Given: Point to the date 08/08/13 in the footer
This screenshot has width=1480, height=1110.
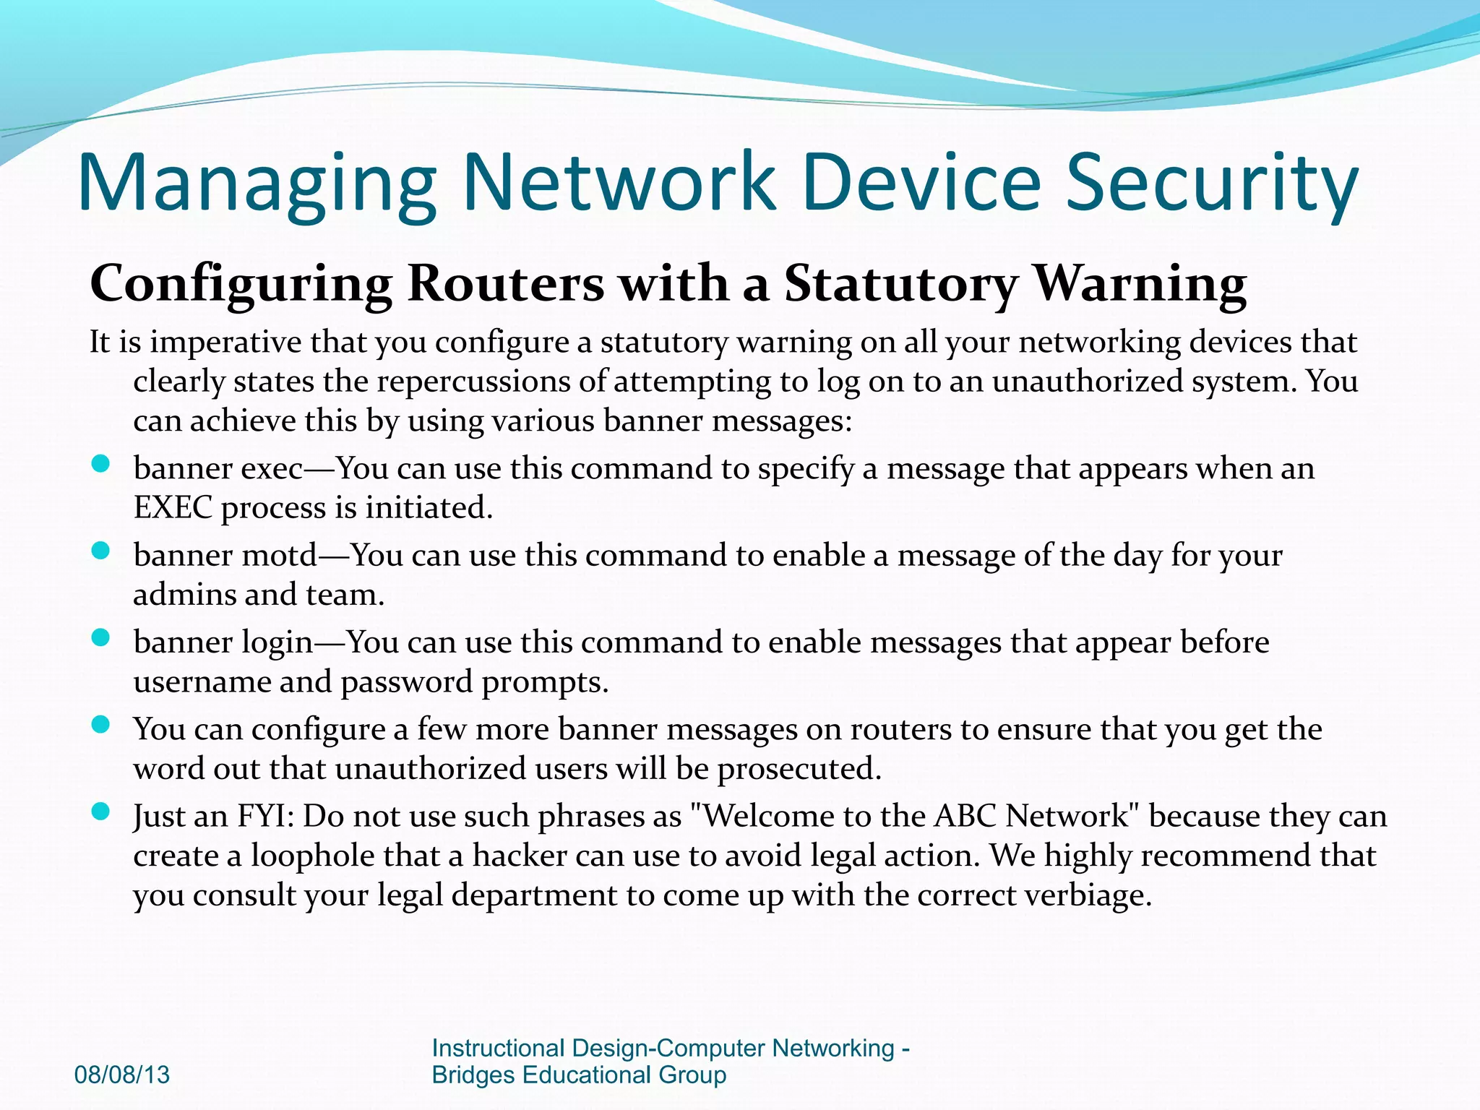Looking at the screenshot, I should click(x=122, y=1075).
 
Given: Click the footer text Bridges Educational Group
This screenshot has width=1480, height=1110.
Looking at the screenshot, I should click(x=578, y=1075).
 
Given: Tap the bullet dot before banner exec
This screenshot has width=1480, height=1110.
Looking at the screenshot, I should click(x=100, y=464).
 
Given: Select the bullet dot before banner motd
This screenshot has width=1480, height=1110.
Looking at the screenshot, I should click(x=100, y=551).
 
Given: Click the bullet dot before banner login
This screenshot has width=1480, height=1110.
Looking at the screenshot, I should click(x=100, y=638).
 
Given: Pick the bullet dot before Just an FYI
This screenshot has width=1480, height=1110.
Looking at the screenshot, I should click(x=100, y=812).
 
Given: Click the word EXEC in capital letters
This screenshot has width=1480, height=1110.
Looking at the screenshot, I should click(x=173, y=507).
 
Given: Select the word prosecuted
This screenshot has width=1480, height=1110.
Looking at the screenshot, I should click(x=799, y=769).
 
